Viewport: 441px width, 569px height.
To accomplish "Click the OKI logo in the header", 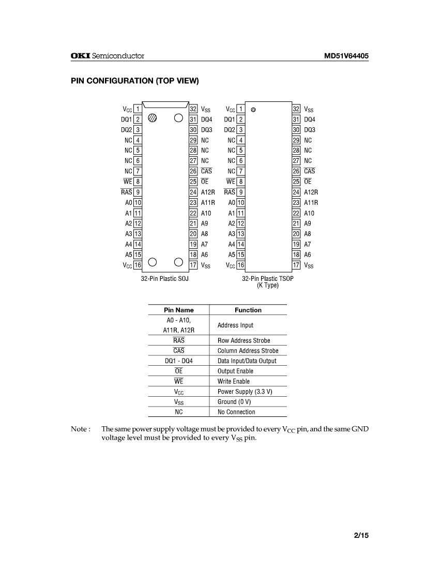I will tap(80, 56).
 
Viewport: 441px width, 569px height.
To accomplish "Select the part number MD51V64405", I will tap(346, 56).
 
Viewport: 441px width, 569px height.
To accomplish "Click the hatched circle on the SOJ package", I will tap(152, 117).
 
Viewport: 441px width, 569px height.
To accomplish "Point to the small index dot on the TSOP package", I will tap(253, 110).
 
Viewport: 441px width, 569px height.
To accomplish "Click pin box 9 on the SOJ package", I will tap(138, 192).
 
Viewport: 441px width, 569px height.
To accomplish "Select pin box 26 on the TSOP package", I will tap(296, 171).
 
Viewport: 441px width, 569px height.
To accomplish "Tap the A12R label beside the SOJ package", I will tap(208, 192).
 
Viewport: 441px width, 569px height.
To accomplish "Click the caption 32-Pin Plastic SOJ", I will tap(164, 278).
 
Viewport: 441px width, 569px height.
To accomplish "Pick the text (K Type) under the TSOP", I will tap(267, 285).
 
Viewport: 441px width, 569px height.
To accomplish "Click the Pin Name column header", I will tap(179, 310).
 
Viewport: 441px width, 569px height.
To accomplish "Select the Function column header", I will tap(248, 310).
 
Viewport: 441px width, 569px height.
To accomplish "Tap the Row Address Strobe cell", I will tap(244, 340).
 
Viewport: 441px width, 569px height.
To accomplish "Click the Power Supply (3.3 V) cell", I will tap(245, 392).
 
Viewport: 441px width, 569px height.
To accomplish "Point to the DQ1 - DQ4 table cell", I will tap(179, 361).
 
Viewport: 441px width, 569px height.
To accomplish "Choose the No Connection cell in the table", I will tap(236, 412).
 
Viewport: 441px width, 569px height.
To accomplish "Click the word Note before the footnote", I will tap(80, 429).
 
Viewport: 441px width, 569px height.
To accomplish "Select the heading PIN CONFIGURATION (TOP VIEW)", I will tap(135, 81).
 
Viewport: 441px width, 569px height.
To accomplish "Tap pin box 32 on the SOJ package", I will tap(193, 109).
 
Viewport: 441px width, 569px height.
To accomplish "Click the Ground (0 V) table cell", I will tap(234, 402).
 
